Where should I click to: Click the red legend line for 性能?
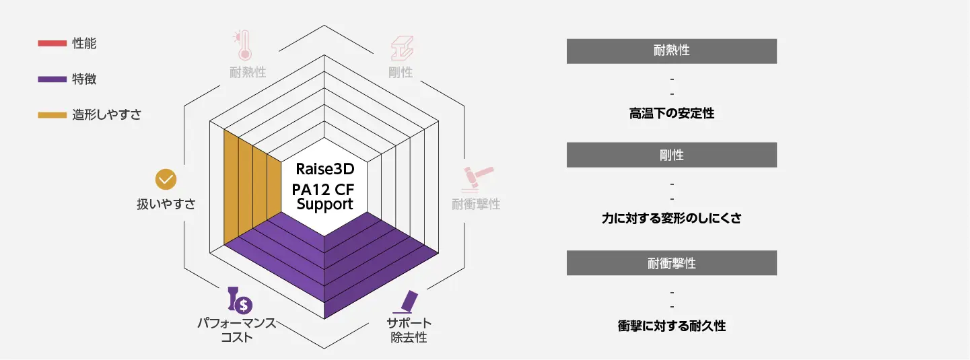point(52,44)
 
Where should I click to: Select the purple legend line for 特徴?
point(52,79)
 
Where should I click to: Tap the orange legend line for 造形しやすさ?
point(52,115)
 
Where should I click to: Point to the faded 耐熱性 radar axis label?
point(248,72)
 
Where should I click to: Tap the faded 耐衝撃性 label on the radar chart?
point(476,204)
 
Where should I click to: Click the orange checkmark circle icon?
point(166,179)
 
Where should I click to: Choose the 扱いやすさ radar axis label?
point(166,204)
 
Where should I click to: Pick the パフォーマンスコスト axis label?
point(237,330)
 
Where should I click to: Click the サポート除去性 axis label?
point(409,330)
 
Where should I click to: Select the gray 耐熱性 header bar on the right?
point(672,51)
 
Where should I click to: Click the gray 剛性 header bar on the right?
point(672,155)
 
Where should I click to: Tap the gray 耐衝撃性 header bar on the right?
point(672,263)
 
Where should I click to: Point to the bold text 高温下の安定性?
point(672,114)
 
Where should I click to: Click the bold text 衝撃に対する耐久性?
point(672,326)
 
